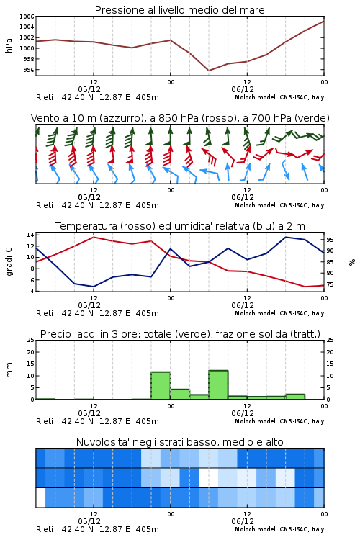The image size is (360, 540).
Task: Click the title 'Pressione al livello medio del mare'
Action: [179, 10]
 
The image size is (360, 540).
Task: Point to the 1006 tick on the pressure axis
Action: [27, 16]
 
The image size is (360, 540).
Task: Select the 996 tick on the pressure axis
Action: [29, 70]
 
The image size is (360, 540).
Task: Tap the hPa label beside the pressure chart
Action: [9, 45]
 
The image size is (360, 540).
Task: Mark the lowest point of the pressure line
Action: [209, 71]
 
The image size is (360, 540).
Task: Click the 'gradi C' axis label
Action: [9, 262]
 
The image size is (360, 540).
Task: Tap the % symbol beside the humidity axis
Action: [352, 262]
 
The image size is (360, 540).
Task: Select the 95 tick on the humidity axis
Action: [330, 240]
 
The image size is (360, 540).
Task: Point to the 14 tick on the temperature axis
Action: [30, 235]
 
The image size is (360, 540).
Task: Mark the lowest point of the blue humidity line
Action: [94, 287]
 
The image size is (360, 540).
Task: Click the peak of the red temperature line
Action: [94, 237]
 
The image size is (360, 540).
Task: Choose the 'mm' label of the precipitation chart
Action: [9, 370]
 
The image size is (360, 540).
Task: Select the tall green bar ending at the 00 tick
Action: [161, 385]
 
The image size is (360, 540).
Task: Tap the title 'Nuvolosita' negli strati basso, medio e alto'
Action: [179, 442]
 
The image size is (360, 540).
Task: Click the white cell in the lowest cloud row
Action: [40, 498]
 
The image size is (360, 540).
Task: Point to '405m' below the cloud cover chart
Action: [147, 529]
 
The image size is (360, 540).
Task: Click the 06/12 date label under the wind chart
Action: [243, 198]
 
